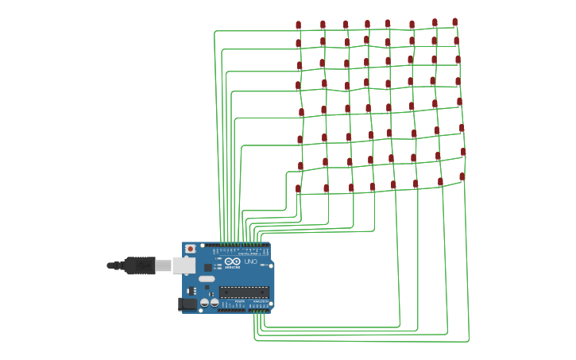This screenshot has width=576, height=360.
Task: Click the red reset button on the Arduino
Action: click(x=190, y=249)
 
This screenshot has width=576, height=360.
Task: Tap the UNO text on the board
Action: click(x=249, y=261)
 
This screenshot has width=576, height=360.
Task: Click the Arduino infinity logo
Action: click(x=232, y=261)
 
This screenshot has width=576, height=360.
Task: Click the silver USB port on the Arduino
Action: click(x=184, y=265)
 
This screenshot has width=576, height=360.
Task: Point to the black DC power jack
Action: click(x=188, y=304)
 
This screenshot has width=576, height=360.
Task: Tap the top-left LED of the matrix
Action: click(x=298, y=25)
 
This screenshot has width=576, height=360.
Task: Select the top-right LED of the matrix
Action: click(x=454, y=22)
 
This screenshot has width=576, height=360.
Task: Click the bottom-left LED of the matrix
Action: click(x=298, y=189)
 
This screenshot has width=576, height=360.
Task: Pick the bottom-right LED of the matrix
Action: click(x=462, y=177)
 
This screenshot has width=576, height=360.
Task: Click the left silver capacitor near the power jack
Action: click(x=204, y=302)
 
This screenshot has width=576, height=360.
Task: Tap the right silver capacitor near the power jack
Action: click(x=214, y=302)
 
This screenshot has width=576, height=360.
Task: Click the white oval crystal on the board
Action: click(x=207, y=279)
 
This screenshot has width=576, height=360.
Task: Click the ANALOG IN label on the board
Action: click(x=259, y=303)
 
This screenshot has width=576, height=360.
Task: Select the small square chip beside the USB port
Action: click(x=208, y=268)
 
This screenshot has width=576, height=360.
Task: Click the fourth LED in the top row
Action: click(x=367, y=25)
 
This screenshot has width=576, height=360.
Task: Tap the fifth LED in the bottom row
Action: click(x=392, y=185)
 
